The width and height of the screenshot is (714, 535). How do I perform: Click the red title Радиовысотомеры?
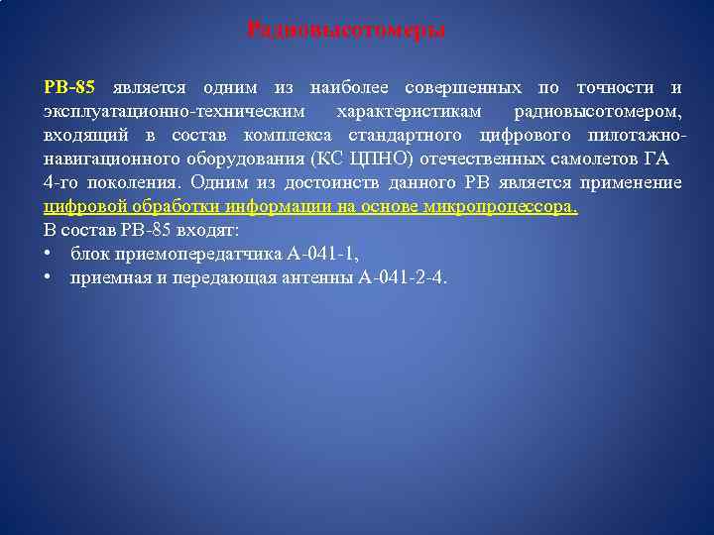[346, 31]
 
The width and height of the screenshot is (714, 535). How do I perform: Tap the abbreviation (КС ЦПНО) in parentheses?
[359, 160]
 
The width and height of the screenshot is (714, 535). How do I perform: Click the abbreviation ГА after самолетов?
[656, 160]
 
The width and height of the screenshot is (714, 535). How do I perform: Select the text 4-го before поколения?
[61, 183]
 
